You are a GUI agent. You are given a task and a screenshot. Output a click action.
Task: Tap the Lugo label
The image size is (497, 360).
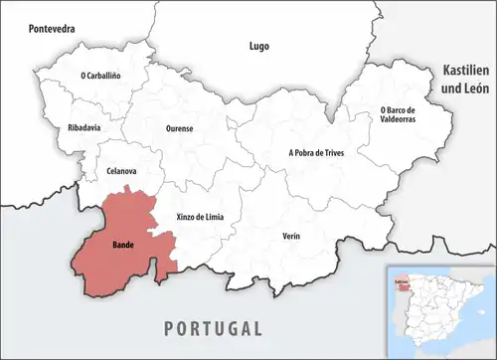click(x=258, y=46)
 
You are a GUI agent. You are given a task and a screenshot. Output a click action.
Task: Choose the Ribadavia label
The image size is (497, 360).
click(x=84, y=128)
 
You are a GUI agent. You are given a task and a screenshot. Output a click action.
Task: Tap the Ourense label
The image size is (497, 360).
click(x=180, y=128)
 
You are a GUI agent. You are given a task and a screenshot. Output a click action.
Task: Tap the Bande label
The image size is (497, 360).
click(x=123, y=244)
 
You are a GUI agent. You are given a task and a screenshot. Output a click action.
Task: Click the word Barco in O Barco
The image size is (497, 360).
click(x=407, y=108)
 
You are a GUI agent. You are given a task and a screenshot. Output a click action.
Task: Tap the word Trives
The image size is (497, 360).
click(x=338, y=153)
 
